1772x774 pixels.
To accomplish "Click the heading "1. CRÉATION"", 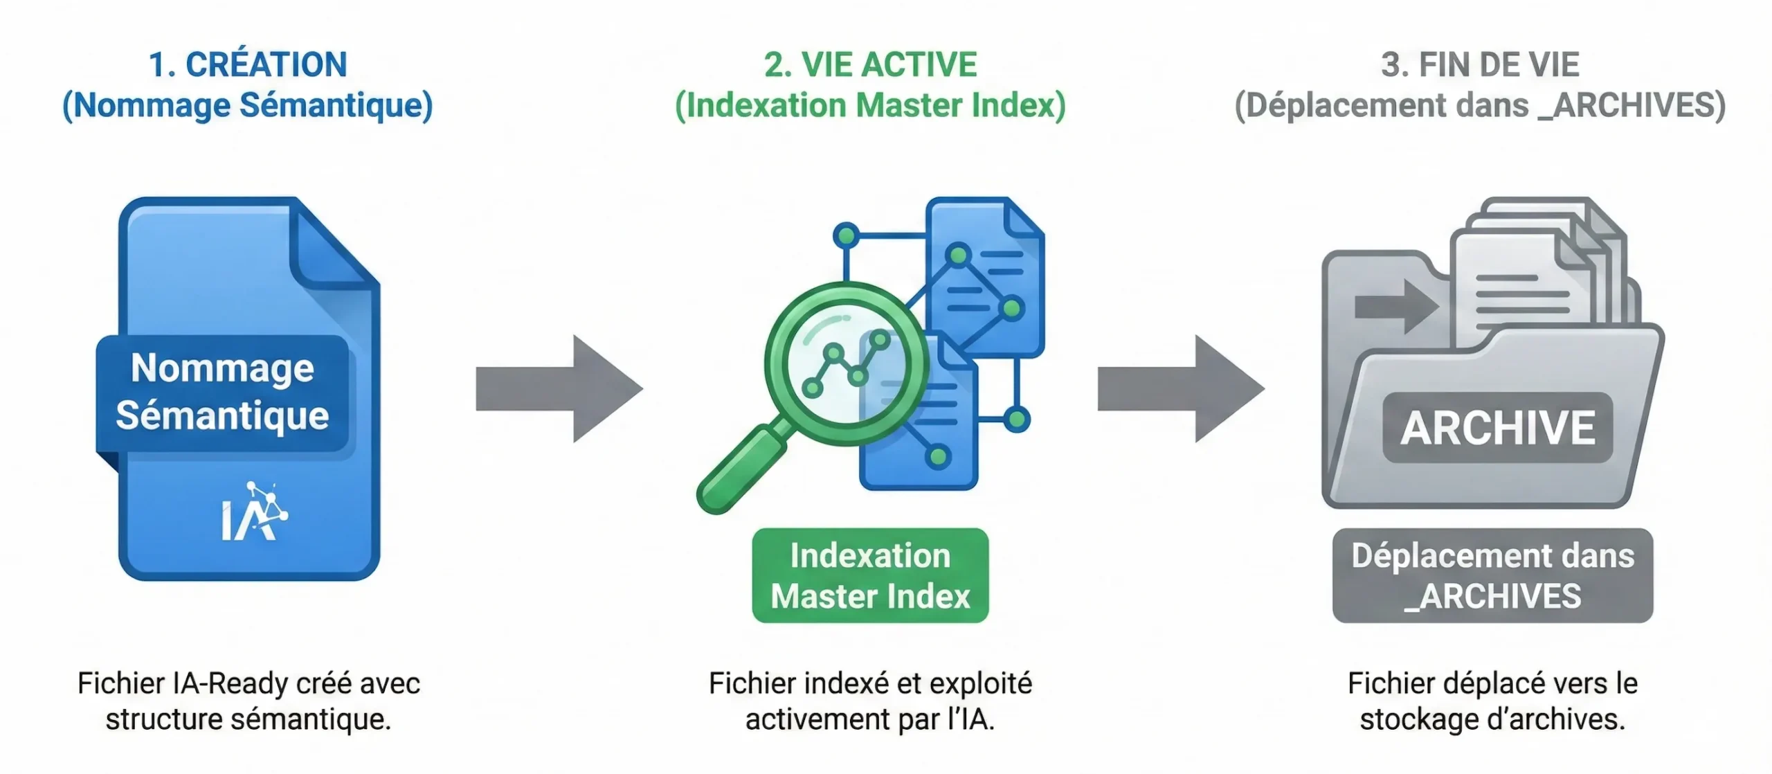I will (x=248, y=65).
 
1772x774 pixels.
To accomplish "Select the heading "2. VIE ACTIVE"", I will (x=870, y=65).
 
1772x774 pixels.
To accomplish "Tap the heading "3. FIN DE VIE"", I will (x=1480, y=65).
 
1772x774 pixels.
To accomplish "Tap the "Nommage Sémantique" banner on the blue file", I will (x=222, y=392).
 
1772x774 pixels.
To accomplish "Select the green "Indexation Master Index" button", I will (x=870, y=576).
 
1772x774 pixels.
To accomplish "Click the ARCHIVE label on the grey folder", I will (x=1497, y=428).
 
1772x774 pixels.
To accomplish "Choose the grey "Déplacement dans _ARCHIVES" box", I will (x=1492, y=576).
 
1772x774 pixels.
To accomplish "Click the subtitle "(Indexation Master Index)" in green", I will (x=870, y=106).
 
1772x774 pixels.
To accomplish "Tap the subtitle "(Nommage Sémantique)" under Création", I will (x=248, y=106).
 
